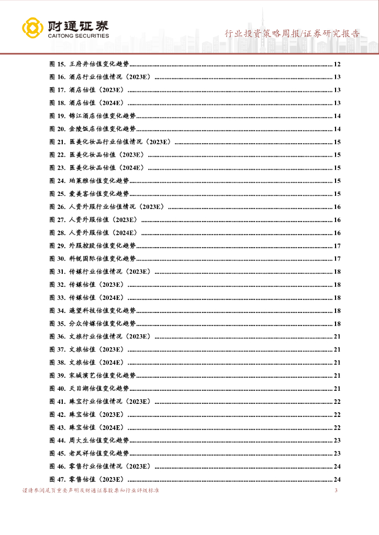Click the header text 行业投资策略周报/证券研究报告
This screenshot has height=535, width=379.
[292, 34]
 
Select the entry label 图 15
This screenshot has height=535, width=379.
[57, 64]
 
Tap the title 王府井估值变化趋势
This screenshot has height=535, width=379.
[99, 64]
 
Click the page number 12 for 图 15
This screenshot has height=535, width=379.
[337, 64]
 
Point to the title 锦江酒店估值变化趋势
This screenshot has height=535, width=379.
[102, 116]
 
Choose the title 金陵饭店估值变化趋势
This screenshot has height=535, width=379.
[102, 129]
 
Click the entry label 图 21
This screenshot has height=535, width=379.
[57, 142]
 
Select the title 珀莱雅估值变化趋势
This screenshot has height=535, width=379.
[99, 181]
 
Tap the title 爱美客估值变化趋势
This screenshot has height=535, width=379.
[99, 194]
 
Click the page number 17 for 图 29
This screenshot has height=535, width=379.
[337, 246]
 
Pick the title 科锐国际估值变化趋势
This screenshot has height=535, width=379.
[102, 259]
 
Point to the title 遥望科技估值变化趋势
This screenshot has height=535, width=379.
[102, 310]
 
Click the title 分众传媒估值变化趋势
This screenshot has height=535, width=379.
[102, 323]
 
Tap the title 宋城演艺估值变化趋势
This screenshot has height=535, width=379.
[102, 375]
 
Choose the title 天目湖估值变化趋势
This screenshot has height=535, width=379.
[99, 388]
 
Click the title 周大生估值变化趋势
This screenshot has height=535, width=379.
[99, 440]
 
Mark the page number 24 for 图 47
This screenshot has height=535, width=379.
[337, 479]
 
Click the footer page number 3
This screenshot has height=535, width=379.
[336, 491]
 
